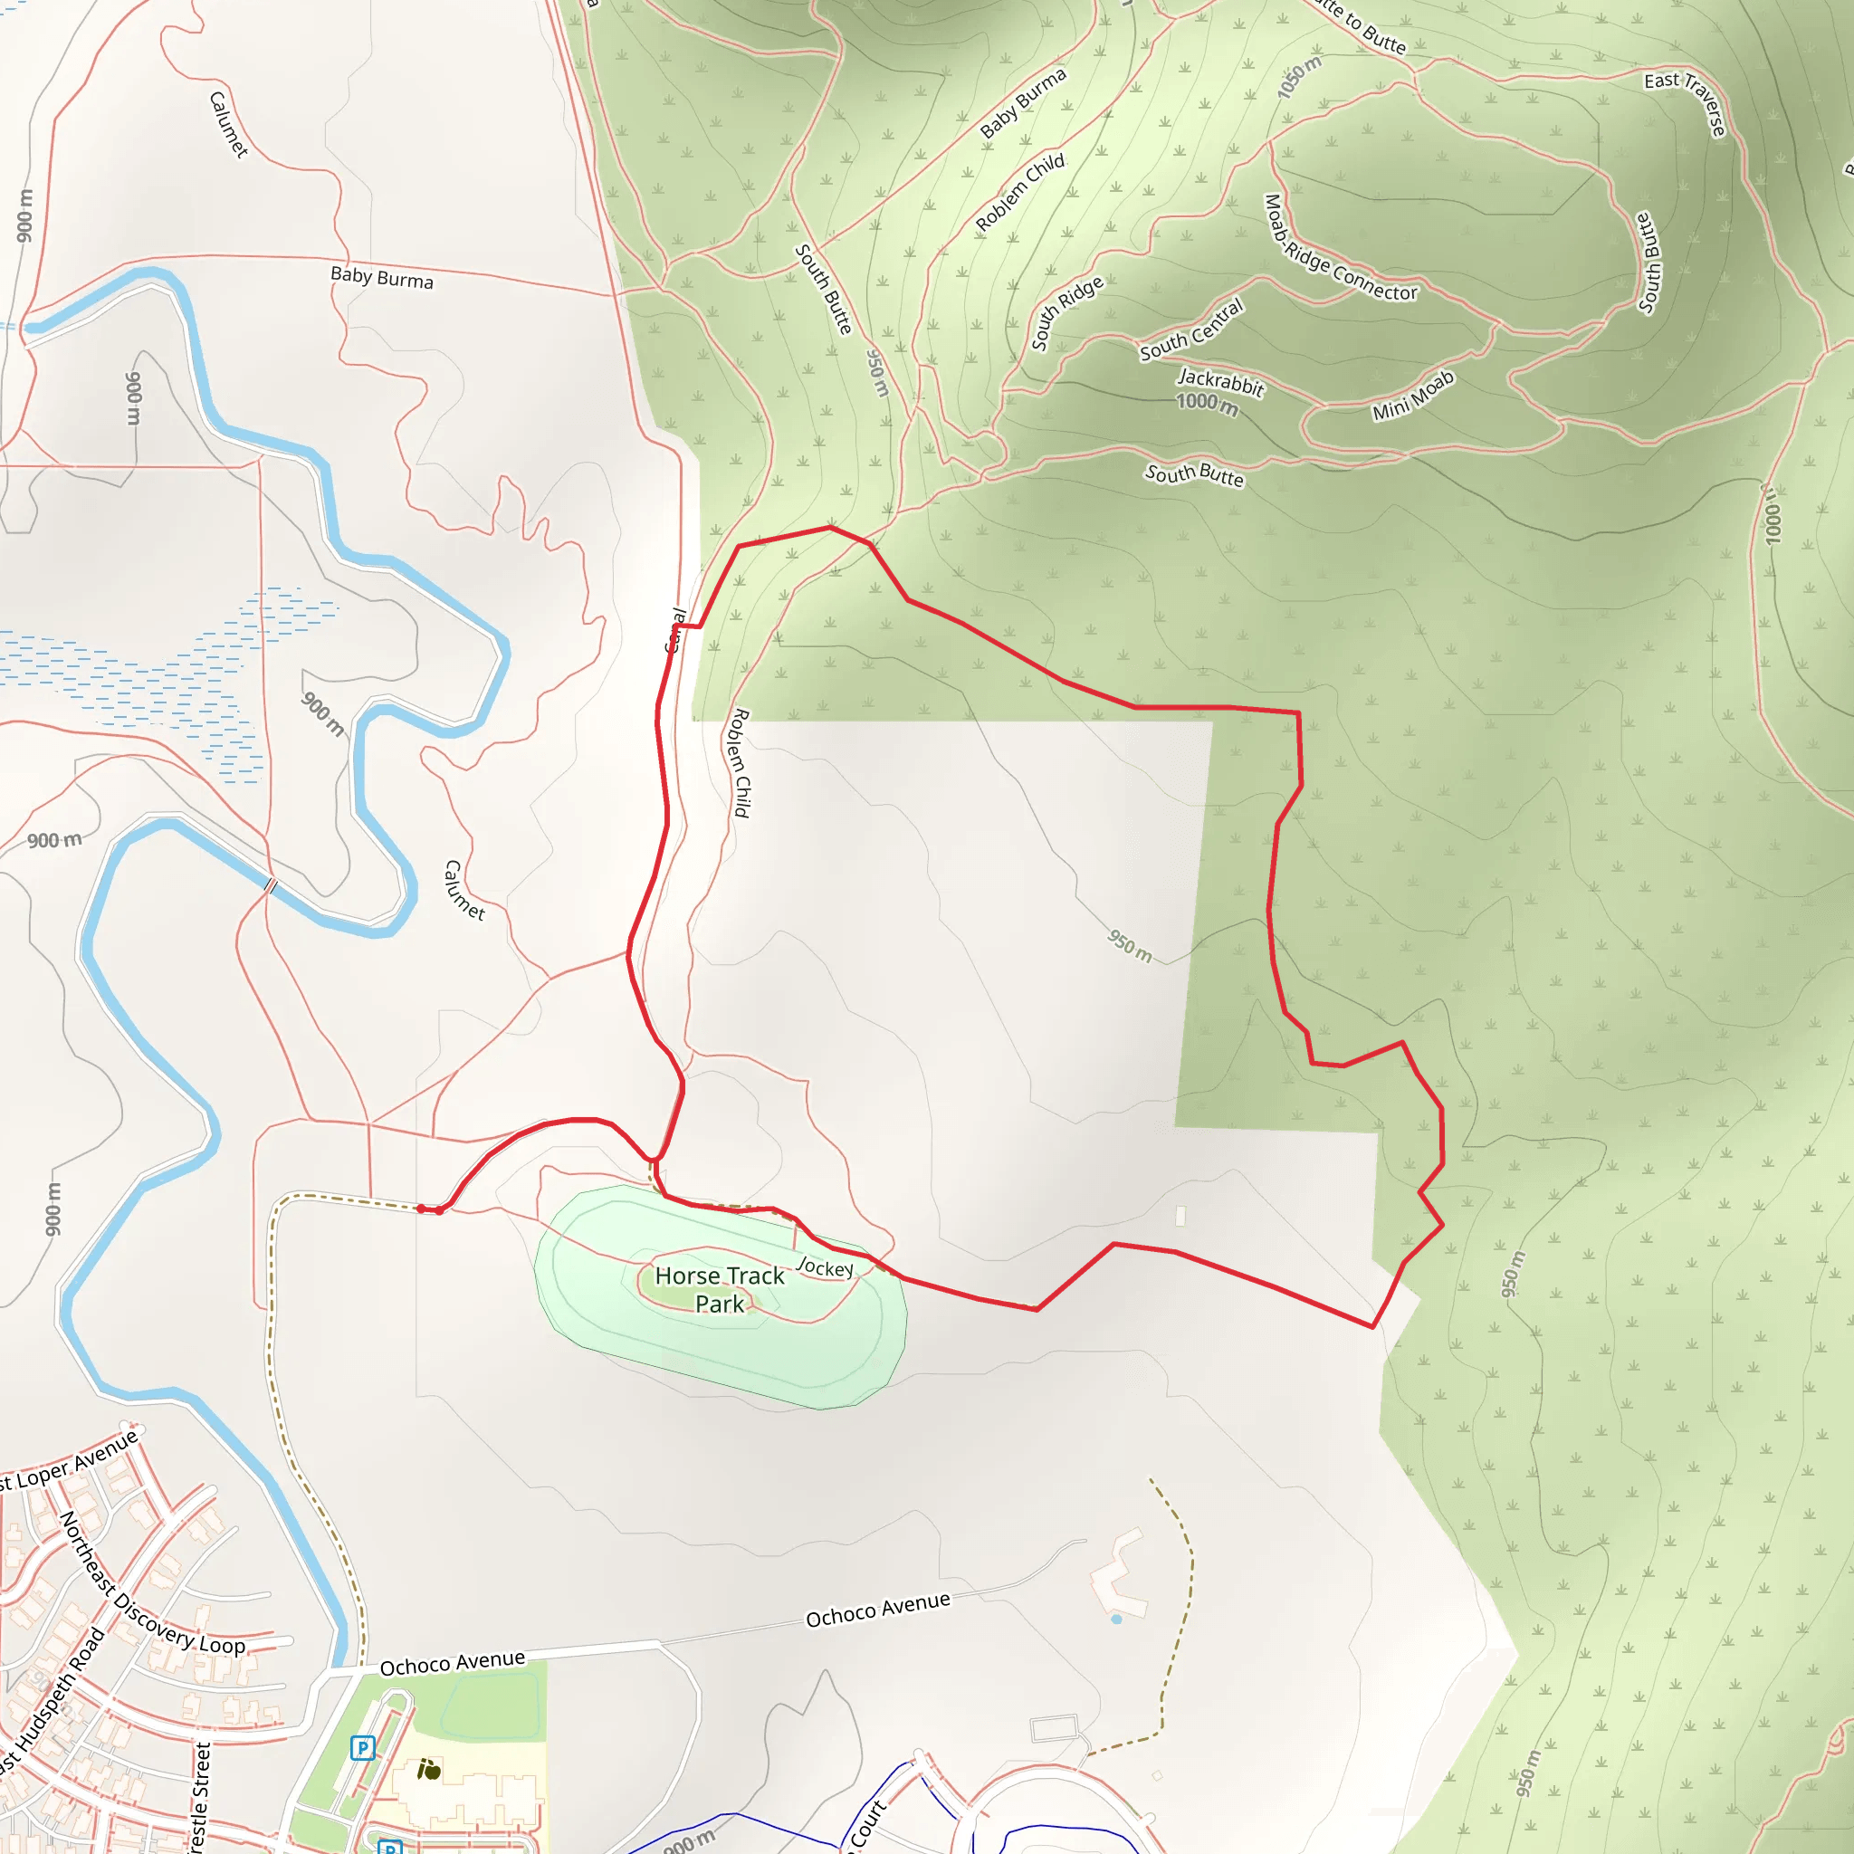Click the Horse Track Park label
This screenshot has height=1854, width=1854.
720,1289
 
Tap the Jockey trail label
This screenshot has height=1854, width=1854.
825,1267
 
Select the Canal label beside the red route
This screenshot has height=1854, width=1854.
676,630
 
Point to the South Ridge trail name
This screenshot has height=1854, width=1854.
1066,313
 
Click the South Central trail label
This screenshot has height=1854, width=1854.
1191,330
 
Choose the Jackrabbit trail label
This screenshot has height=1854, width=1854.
1220,382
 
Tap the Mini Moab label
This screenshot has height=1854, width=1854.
1412,396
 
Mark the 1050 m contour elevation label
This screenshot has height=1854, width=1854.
1299,77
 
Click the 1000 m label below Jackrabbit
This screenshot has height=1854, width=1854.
1206,403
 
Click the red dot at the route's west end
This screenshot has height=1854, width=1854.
421,1209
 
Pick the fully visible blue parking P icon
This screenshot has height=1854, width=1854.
362,1747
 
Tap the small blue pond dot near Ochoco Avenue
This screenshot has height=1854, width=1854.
1116,1619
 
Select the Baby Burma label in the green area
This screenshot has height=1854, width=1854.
1023,102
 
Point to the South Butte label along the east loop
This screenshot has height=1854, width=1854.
1647,262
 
